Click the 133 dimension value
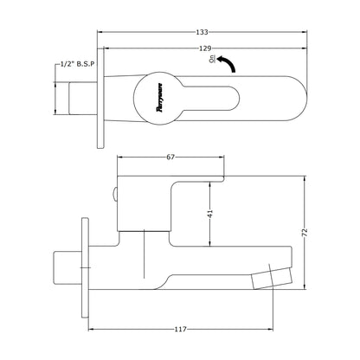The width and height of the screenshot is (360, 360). [202, 32]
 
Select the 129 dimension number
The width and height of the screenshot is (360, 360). [205, 48]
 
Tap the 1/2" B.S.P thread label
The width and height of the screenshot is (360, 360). [77, 64]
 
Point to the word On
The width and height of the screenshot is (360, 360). [212, 59]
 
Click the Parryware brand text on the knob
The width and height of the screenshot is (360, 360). [159, 98]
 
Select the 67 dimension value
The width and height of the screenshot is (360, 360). [170, 157]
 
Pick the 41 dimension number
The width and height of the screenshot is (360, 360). [210, 214]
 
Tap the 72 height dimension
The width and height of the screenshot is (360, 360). [305, 233]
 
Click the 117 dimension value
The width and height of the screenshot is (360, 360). [181, 329]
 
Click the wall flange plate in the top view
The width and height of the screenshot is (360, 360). [100, 98]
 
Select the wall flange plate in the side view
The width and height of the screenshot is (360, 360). [85, 267]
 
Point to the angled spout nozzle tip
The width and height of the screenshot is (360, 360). [272, 278]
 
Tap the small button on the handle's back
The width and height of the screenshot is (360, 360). [115, 195]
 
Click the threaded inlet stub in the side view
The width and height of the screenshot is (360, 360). [67, 267]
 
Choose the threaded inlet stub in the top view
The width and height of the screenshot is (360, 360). [83, 98]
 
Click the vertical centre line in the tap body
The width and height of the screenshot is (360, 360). [144, 254]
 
